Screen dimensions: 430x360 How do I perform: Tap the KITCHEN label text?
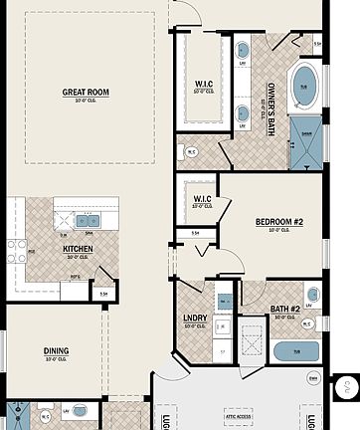click(x=79, y=250)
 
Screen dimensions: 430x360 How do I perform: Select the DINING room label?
click(x=56, y=350)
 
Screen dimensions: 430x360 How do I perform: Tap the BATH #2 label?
click(x=285, y=309)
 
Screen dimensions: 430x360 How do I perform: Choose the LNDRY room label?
click(x=194, y=320)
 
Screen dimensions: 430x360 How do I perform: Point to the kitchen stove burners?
click(x=17, y=251)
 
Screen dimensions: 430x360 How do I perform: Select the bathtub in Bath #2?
click(x=294, y=351)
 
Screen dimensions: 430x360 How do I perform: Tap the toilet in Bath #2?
click(x=307, y=323)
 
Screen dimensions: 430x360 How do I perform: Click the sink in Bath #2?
click(x=312, y=296)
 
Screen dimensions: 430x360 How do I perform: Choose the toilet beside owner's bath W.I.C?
click(x=192, y=152)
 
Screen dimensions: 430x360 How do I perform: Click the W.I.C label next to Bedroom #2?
click(x=200, y=202)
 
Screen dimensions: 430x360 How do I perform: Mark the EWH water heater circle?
click(x=313, y=379)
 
